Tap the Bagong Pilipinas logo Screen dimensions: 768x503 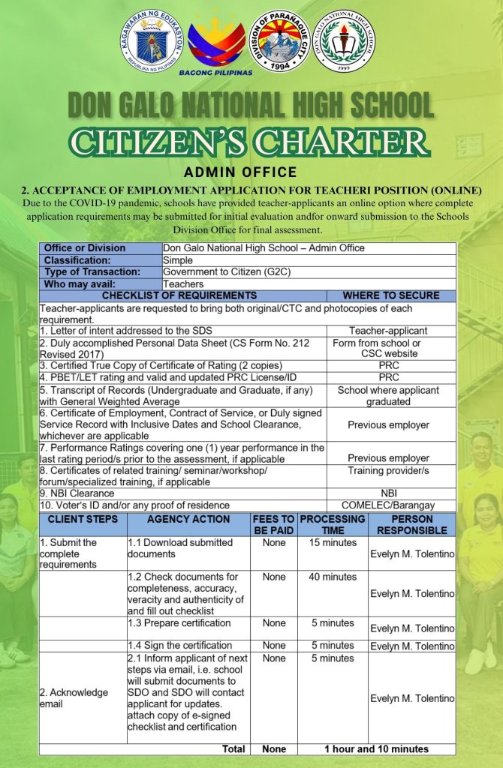(215, 46)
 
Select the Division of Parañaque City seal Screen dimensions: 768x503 (279, 40)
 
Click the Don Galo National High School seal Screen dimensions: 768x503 (344, 43)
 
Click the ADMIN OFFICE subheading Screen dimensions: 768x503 (251, 173)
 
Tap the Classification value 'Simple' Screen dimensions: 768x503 (178, 259)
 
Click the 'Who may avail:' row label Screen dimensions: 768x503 (80, 284)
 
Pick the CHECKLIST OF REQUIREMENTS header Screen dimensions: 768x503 (179, 295)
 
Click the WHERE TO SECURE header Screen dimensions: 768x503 (390, 295)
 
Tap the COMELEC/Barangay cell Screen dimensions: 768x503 (387, 505)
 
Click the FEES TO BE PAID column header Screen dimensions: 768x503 (273, 524)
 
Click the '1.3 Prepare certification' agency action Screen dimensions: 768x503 (179, 623)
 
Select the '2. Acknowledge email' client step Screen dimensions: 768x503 (74, 697)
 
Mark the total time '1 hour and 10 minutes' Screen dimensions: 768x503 (376, 748)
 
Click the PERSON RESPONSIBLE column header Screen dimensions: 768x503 (411, 524)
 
